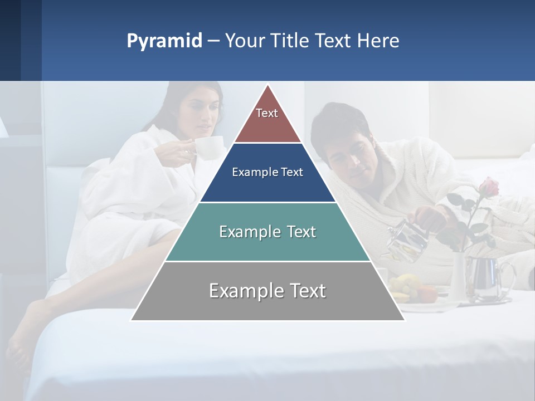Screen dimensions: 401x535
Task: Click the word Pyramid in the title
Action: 164,41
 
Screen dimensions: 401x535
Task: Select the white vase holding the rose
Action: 458,276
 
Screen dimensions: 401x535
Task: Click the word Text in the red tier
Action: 267,113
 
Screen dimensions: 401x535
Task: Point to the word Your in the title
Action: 244,41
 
